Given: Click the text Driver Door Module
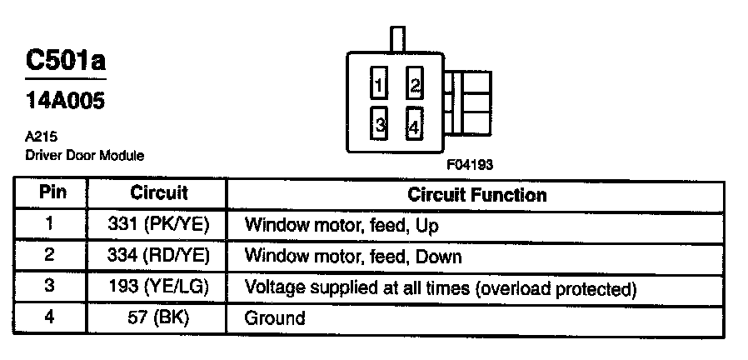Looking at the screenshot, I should coord(85,155).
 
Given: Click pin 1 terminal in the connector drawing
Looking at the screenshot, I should coord(378,85).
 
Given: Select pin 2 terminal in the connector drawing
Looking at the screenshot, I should coord(414,85).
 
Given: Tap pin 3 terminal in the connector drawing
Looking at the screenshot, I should coord(378,125).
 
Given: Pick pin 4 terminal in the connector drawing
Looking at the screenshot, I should coord(414,126).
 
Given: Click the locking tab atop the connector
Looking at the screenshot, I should coord(397,38).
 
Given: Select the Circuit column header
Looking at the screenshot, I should coord(159,193).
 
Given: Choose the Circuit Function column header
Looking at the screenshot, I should coord(476,194).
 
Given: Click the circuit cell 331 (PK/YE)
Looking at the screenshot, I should coord(158,225).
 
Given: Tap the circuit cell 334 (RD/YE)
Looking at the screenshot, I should coord(158,256).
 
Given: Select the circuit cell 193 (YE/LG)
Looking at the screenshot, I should coord(158,287).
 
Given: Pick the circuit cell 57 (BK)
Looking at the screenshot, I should coord(158,317).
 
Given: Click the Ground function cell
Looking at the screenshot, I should coord(275,317).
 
